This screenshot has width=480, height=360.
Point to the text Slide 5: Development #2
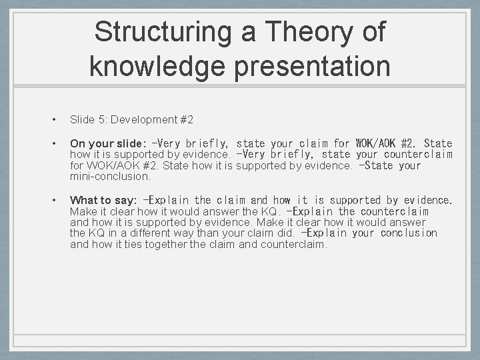pos(131,120)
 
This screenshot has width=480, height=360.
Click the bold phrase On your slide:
pos(107,143)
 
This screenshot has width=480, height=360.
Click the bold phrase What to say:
pos(103,200)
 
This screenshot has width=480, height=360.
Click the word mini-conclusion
pos(110,177)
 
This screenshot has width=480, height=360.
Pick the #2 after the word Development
pos(187,120)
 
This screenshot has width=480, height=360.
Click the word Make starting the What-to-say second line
pos(82,211)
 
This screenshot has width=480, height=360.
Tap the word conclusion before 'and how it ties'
pos(409,233)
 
